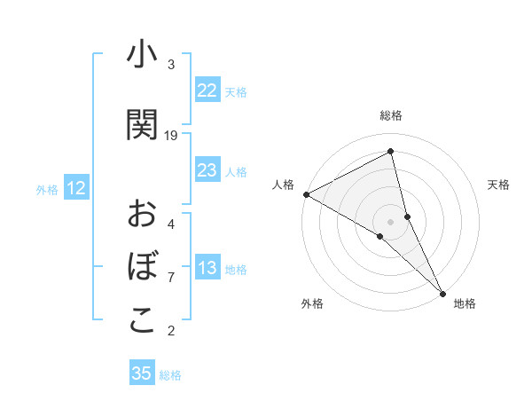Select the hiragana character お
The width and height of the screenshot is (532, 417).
(x=141, y=213)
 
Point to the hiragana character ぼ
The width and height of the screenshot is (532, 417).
(x=141, y=267)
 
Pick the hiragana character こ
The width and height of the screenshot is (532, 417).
(x=141, y=320)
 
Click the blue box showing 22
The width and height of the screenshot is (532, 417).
(x=207, y=90)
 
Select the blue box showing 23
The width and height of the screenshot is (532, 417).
(x=207, y=170)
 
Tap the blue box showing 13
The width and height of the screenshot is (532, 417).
(x=207, y=269)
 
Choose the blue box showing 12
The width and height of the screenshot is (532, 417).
(x=76, y=188)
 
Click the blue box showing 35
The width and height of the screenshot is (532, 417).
(x=142, y=374)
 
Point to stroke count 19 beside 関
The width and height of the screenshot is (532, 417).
(x=171, y=136)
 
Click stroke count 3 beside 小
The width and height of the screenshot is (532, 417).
(x=171, y=65)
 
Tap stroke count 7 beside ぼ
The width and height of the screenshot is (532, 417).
(x=171, y=278)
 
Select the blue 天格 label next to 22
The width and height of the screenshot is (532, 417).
(x=236, y=91)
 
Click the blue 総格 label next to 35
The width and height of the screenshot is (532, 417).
(x=170, y=375)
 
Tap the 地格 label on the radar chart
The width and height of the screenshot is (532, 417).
(x=465, y=303)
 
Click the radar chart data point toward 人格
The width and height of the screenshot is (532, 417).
(x=306, y=193)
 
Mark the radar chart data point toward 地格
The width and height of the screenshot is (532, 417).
(x=442, y=292)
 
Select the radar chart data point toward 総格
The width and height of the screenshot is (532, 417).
(x=391, y=153)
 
